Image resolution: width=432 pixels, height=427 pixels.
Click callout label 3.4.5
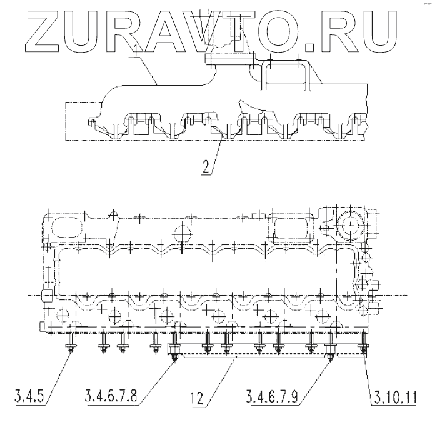(x=29, y=397)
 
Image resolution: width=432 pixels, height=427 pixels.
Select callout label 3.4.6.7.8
(x=111, y=397)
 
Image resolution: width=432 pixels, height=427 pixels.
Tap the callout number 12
(x=197, y=398)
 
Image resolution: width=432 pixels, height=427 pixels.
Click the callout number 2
(x=206, y=167)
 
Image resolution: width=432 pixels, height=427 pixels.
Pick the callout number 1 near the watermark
(x=135, y=49)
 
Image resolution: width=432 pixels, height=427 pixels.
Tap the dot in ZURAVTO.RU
(x=309, y=47)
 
